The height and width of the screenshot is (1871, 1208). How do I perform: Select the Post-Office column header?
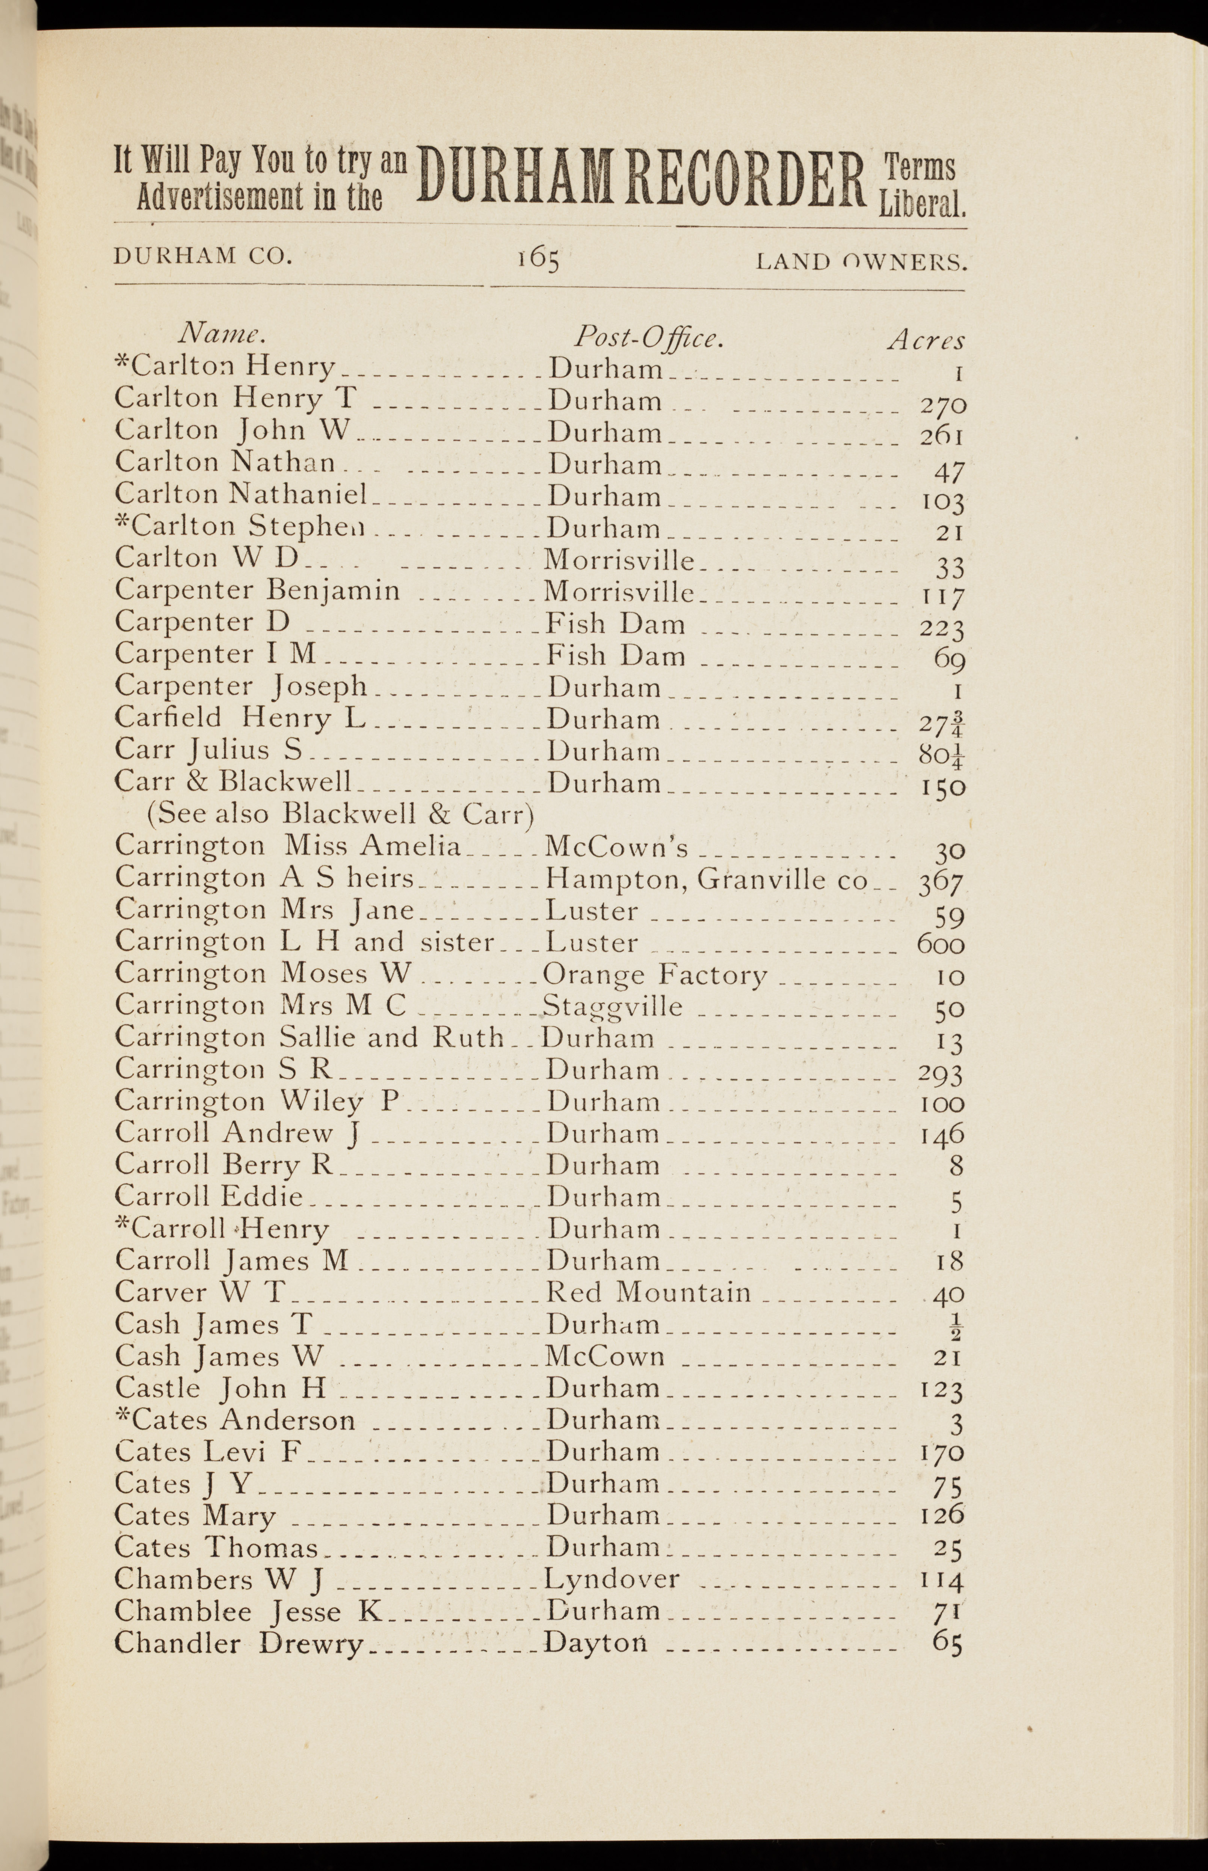pos(647,337)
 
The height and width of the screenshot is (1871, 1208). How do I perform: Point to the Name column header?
pos(222,334)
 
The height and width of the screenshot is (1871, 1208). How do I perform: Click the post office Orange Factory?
pos(654,975)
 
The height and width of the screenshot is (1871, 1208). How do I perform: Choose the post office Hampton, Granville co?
pos(706,880)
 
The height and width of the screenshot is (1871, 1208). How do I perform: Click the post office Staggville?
pos(613,1007)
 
